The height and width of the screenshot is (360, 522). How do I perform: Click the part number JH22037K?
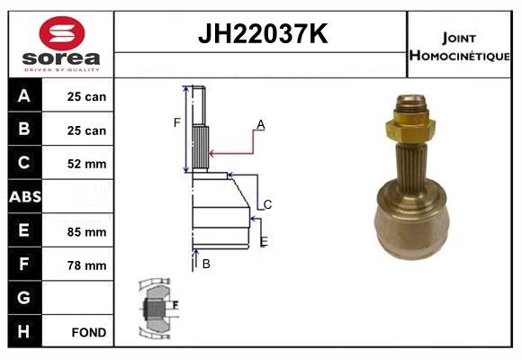pos(261,34)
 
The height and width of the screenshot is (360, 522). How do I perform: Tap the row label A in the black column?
pos(24,95)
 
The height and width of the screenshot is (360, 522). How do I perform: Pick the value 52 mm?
pos(87,164)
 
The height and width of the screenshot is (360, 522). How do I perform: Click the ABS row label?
pos(24,196)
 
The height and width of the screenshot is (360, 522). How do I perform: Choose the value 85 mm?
pos(87,231)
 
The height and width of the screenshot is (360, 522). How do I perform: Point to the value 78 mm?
pos(87,265)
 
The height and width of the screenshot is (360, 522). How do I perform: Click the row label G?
pos(24,298)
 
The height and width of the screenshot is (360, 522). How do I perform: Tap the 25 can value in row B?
pos(87,130)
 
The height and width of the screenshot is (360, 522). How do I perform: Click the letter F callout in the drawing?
pos(177,122)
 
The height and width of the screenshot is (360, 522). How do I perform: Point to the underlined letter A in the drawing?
pos(260,124)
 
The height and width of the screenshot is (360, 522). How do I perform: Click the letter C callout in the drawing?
pos(267,204)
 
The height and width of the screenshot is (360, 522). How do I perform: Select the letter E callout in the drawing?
pos(263,241)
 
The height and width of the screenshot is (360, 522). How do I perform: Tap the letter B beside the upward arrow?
pos(206,264)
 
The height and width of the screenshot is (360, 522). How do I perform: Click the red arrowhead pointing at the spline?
pos(213,155)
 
